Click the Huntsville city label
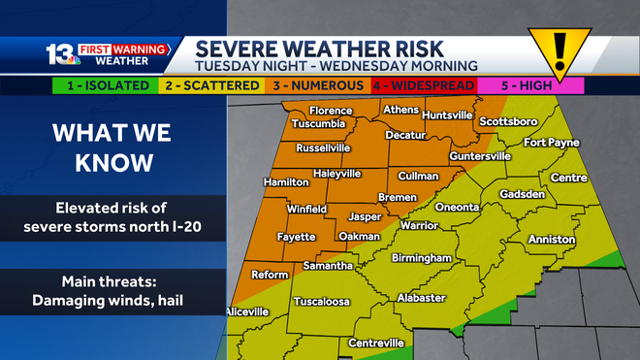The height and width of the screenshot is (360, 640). coord(447,115)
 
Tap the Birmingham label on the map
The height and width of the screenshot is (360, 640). coord(422,258)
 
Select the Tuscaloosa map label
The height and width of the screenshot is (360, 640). coord(321,301)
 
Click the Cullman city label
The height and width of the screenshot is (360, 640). coord(420,177)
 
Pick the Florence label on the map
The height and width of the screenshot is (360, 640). coord(331,111)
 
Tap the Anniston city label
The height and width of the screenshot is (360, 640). coord(551,239)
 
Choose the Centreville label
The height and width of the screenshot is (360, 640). coord(375,344)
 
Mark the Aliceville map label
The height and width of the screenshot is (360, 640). coord(246,311)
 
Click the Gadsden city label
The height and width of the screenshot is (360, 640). coord(522,194)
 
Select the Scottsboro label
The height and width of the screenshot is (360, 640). coord(508,122)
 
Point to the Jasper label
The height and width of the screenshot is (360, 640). coord(365,216)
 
